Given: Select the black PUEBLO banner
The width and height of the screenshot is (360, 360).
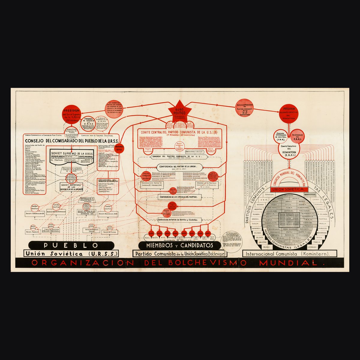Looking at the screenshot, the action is [71, 245].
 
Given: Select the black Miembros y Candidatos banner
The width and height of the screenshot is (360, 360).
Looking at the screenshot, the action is [179, 245].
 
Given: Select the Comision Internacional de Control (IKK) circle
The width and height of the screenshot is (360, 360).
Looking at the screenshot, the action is [280, 137].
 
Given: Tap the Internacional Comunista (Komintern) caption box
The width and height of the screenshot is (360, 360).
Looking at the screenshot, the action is [287, 254].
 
